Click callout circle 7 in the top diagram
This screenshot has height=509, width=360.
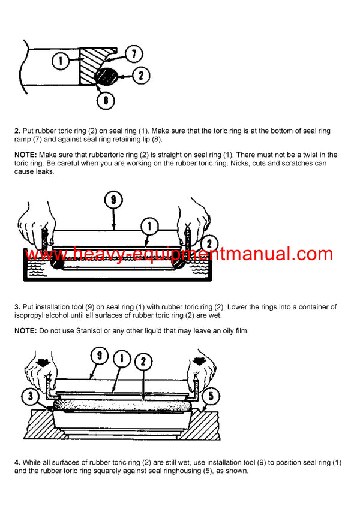coord(136,55)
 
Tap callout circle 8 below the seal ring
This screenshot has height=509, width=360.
coord(106,100)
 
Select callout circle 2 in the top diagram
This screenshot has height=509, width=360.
coord(140,76)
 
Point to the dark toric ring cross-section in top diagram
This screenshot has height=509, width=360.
coord(106,76)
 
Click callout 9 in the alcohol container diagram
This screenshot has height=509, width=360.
coord(113,200)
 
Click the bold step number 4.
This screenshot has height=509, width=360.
coord(17,463)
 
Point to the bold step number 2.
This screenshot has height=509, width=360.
coord(17,131)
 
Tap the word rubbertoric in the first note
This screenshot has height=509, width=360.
coord(98,155)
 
